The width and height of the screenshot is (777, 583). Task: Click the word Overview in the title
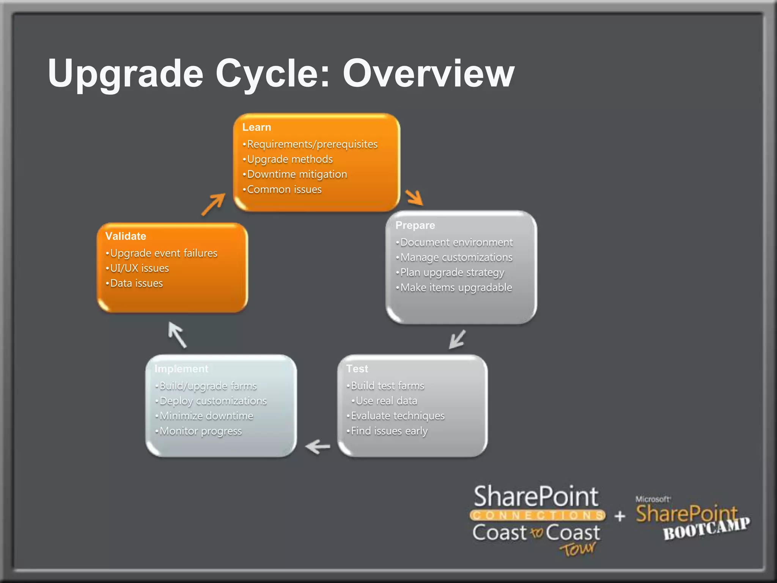pyautogui.click(x=428, y=73)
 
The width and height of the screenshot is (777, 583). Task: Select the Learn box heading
pyautogui.click(x=256, y=127)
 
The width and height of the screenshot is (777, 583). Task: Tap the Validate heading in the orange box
pyautogui.click(x=126, y=236)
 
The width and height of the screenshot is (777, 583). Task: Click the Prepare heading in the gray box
pyautogui.click(x=415, y=225)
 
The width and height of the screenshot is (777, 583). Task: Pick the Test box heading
pyautogui.click(x=357, y=369)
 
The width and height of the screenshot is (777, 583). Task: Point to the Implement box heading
pyautogui.click(x=181, y=369)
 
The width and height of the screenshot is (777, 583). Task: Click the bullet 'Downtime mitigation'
pyautogui.click(x=297, y=174)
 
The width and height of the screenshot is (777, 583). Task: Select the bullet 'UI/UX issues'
pyautogui.click(x=139, y=268)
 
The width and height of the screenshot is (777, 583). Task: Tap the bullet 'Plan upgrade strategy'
pyautogui.click(x=452, y=273)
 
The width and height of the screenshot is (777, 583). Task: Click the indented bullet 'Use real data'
pyautogui.click(x=386, y=401)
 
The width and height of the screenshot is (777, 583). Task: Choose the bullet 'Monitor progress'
pyautogui.click(x=200, y=431)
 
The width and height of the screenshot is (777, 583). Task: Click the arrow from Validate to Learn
pyautogui.click(x=214, y=204)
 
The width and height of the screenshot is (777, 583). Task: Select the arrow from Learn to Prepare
pyautogui.click(x=414, y=197)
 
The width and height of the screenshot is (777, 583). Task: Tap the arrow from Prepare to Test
pyautogui.click(x=457, y=339)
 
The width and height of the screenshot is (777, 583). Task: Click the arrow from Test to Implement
pyautogui.click(x=318, y=446)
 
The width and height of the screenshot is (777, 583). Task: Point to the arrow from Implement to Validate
pyautogui.click(x=177, y=334)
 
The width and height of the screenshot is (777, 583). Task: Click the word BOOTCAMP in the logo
pyautogui.click(x=706, y=529)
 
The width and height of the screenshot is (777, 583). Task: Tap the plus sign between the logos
pyautogui.click(x=620, y=516)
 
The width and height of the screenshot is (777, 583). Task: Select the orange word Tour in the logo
pyautogui.click(x=577, y=549)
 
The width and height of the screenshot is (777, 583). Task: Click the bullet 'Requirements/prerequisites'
pyautogui.click(x=312, y=144)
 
